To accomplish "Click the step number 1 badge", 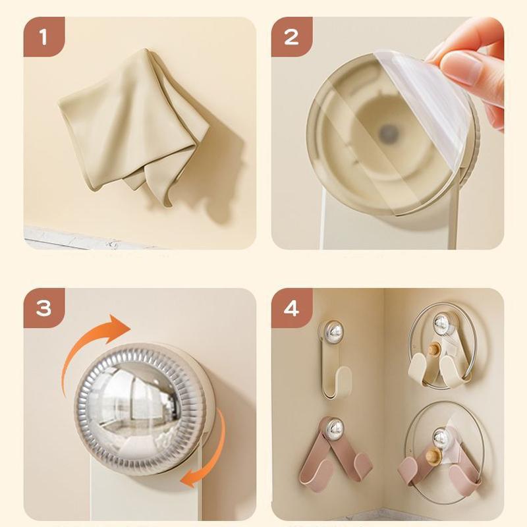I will [x=43, y=38].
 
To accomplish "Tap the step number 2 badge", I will [x=291, y=38].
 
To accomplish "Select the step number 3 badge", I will [x=43, y=308].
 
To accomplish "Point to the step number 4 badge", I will [x=291, y=308].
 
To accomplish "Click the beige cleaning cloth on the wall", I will [x=132, y=122].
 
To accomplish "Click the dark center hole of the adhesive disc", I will [x=387, y=134].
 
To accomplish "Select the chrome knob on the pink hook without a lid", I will [x=335, y=428].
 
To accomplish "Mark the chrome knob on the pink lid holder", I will [x=440, y=437].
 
